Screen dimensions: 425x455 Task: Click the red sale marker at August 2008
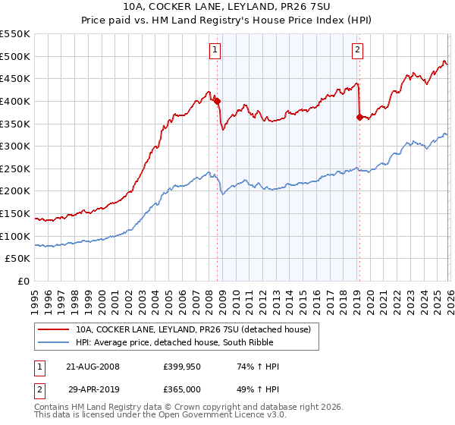(x=217, y=100)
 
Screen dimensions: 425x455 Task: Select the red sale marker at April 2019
(x=359, y=116)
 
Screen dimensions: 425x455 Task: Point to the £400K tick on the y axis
(x=17, y=101)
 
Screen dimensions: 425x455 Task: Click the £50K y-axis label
(x=20, y=259)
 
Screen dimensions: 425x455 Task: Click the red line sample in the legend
(x=53, y=329)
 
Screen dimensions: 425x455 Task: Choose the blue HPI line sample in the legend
(x=53, y=342)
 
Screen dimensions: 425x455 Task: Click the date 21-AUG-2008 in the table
(x=93, y=367)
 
